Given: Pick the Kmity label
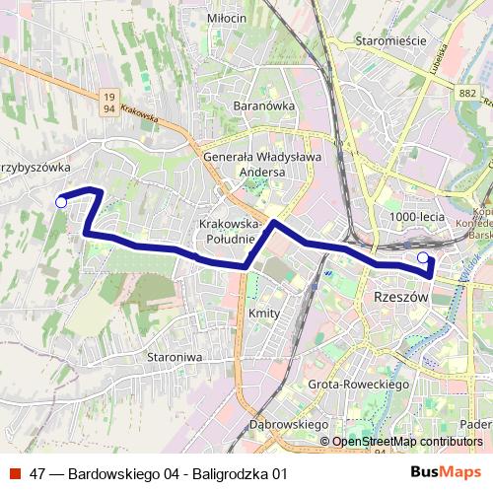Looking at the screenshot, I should pos(265,314).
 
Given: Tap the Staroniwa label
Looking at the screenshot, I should pos(173,356).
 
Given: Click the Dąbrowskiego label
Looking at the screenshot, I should pos(289,424).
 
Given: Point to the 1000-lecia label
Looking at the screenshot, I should pos(417,217).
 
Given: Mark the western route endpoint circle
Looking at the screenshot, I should pos(61,202).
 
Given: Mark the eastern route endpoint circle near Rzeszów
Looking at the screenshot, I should pos(424,258).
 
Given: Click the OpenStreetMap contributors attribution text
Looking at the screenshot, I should pos(407,442).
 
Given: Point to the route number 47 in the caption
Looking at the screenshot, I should pos(37,472).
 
